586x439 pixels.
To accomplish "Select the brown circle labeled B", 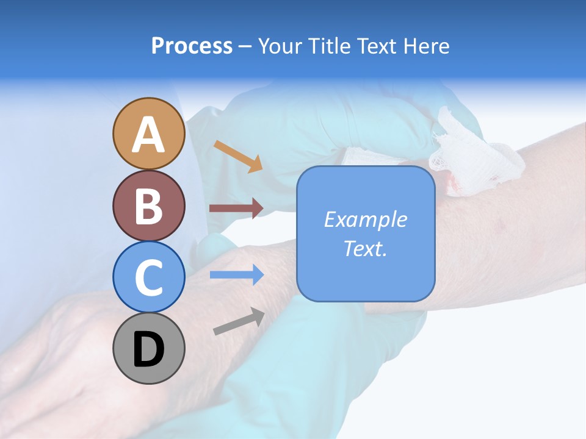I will coord(148,205).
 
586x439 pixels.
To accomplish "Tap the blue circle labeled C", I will coord(148,277).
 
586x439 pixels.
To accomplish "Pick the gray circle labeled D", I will coord(148,348).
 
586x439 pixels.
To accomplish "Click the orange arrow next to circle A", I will coord(237,156).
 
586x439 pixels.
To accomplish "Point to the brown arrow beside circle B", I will coord(236,208).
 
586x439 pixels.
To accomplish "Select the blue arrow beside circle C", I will coord(236,274).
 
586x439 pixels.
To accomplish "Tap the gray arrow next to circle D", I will coord(239,321).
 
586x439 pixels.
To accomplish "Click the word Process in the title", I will coord(192,46).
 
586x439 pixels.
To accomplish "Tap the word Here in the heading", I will coord(425,46).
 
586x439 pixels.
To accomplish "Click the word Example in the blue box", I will coord(366,220).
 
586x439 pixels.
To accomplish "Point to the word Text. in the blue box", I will coord(366,248).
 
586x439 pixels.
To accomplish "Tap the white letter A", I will coord(148,134).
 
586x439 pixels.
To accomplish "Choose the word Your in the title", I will coord(281,46).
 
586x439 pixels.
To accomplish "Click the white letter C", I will coord(148,278).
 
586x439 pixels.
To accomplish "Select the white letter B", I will coord(148,206).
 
